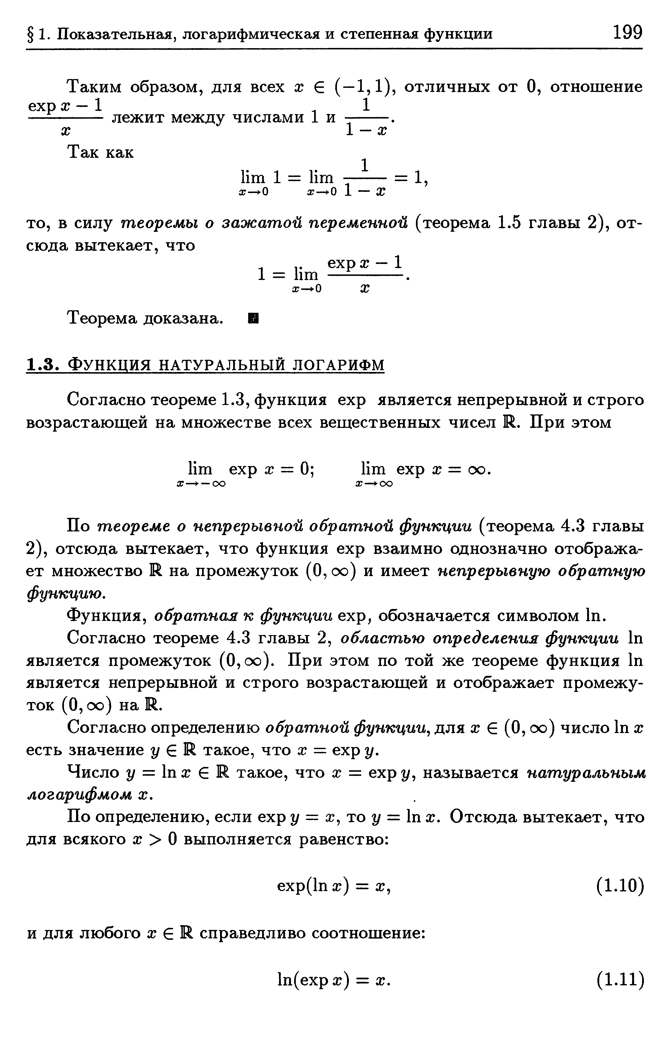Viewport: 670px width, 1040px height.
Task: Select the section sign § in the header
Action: (x=31, y=34)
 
